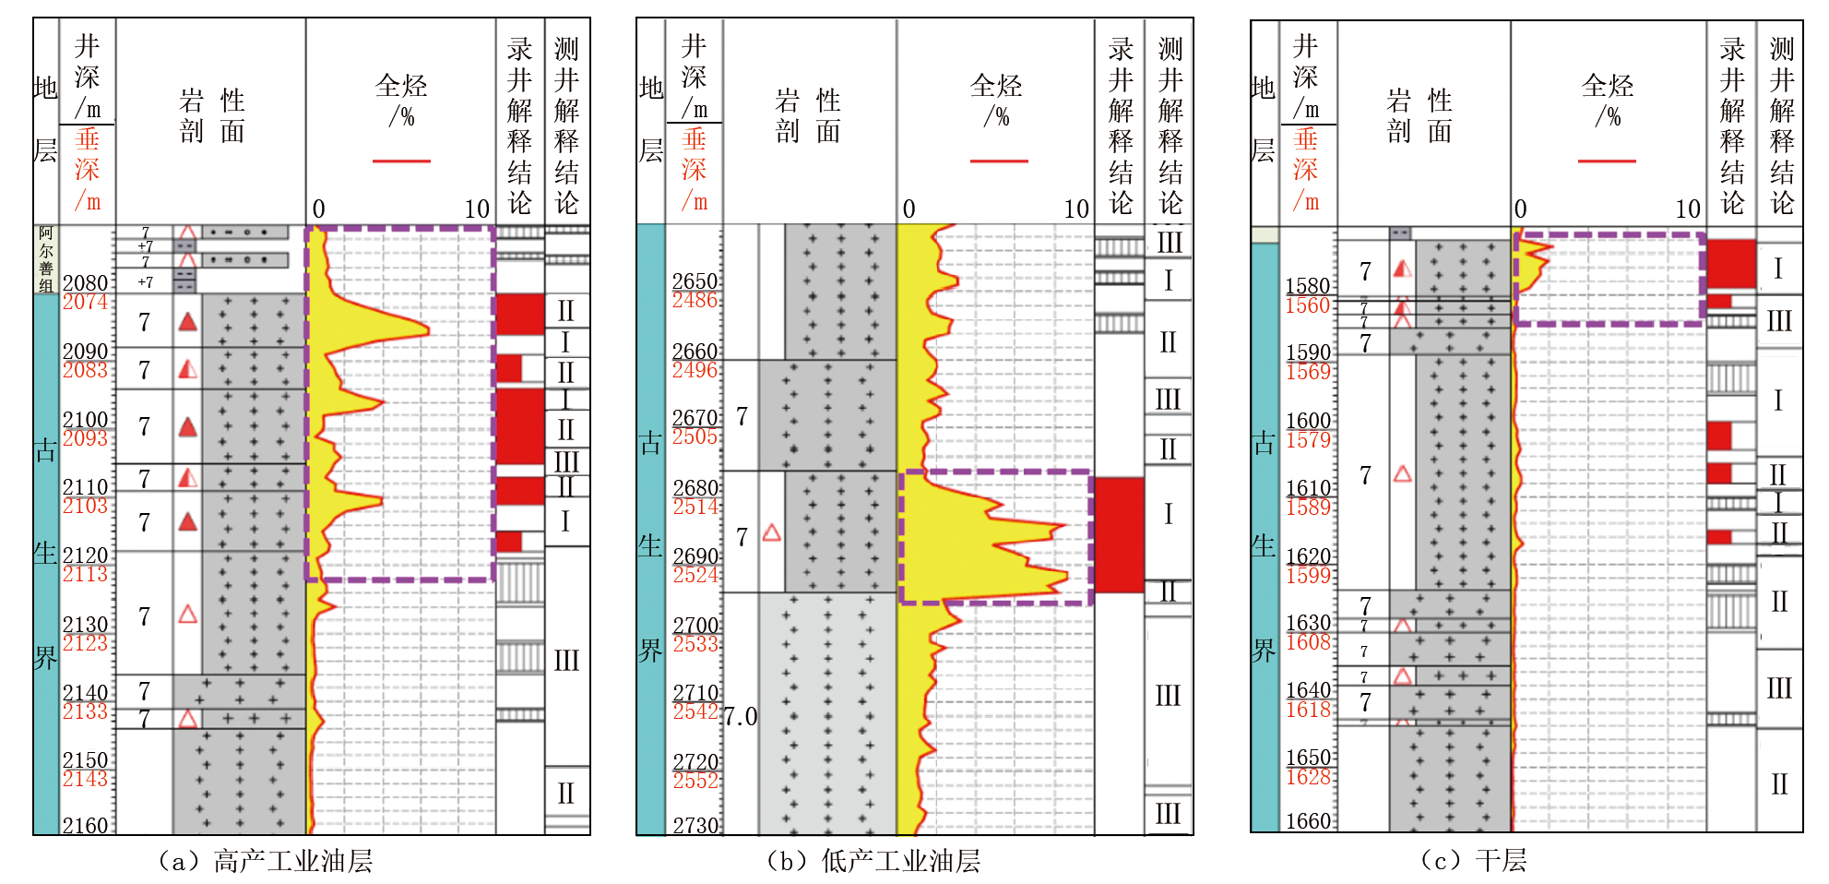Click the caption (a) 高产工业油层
[x=266, y=861]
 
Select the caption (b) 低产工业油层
[x=873, y=861]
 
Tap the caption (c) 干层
[x=1473, y=861]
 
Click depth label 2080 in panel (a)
[x=85, y=282]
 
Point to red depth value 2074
[x=85, y=302]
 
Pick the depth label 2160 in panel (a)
[x=85, y=825]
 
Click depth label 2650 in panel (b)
[x=695, y=281]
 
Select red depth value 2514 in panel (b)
[x=695, y=507]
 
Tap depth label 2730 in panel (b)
[x=695, y=825]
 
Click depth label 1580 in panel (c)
[x=1308, y=286]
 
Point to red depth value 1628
[x=1308, y=777]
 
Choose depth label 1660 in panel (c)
[x=1308, y=820]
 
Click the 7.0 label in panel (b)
[x=740, y=716]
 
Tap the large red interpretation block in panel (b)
[x=1119, y=534]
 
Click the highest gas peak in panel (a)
[x=427, y=329]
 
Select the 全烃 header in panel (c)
[x=1608, y=86]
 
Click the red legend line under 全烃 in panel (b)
[x=999, y=161]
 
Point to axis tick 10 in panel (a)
[x=477, y=209]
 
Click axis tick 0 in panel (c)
[x=1520, y=209]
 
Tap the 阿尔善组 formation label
[x=46, y=259]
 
